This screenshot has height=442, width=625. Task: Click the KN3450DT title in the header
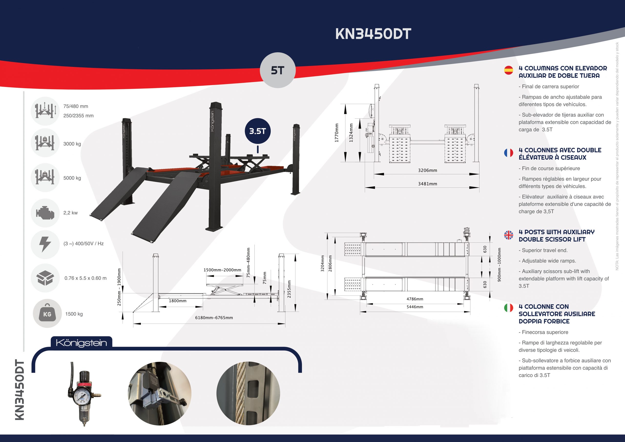click(373, 34)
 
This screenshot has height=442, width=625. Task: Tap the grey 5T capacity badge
click(277, 70)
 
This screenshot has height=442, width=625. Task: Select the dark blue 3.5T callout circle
click(258, 131)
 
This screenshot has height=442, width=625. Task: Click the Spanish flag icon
click(509, 70)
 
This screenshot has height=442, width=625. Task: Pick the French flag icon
click(509, 153)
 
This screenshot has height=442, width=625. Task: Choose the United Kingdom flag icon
click(509, 235)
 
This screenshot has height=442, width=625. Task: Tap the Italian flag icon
click(509, 308)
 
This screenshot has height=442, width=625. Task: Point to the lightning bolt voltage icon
click(45, 244)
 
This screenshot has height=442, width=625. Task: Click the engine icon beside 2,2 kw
click(45, 213)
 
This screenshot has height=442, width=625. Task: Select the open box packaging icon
click(45, 278)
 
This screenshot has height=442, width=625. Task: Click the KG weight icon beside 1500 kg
click(47, 314)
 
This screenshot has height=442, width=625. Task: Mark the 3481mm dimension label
click(427, 184)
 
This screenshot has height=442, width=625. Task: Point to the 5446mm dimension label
click(415, 307)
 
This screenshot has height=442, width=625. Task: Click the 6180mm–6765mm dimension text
click(214, 317)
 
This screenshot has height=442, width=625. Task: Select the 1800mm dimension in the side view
click(178, 301)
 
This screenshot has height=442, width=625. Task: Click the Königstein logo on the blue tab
click(81, 343)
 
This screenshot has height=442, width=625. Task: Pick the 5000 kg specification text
click(72, 178)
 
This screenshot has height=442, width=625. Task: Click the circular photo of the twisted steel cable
click(248, 393)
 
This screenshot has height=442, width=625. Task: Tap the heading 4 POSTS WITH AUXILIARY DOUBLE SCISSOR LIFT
click(556, 236)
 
